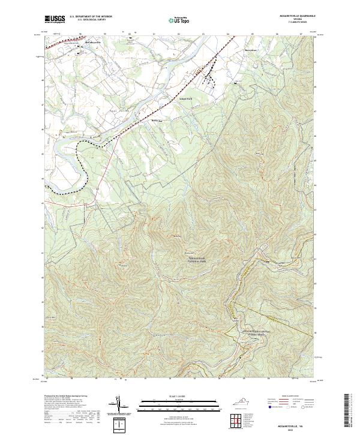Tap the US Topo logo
click(179, 20)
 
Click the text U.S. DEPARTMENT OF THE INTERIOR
click(91, 17)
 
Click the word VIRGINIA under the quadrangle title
click(296, 19)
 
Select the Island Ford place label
click(186, 98)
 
